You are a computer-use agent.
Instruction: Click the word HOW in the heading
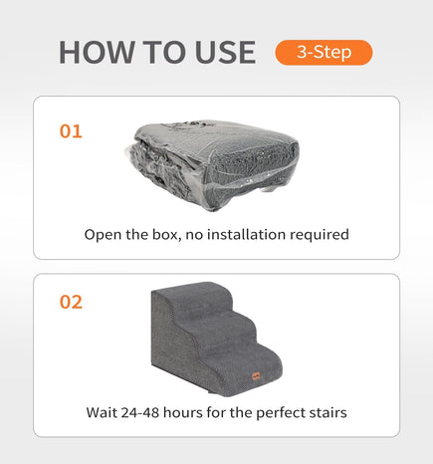pos(97,52)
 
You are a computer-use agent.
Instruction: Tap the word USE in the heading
pos(226,52)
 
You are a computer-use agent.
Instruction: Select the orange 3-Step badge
pos(324,53)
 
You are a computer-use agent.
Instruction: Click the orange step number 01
pos(71,131)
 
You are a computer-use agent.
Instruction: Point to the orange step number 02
pos(71,302)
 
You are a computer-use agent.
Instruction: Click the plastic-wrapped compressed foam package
pos(212,165)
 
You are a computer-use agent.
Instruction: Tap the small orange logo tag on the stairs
pos(256,376)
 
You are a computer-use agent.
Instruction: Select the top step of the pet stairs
pos(198,296)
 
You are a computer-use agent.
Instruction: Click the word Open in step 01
pos(103,235)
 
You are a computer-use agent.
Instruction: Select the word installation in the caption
pos(246,234)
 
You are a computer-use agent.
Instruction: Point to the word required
pos(320,235)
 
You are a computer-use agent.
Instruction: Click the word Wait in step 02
pos(102,412)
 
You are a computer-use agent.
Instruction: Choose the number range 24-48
pos(140,412)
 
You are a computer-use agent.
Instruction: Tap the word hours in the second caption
pos(183,412)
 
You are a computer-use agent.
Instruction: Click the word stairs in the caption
pos(328,412)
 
